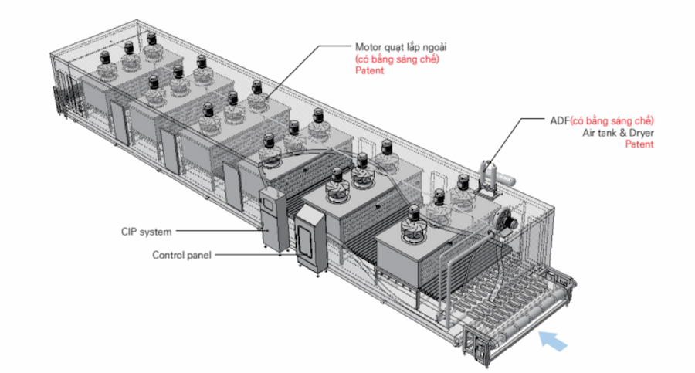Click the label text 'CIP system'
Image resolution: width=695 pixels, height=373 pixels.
click(x=146, y=231)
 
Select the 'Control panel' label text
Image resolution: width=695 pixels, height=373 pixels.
click(x=181, y=255)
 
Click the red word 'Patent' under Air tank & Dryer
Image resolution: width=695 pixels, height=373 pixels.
click(x=639, y=144)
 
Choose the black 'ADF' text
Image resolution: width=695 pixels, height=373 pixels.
click(x=558, y=120)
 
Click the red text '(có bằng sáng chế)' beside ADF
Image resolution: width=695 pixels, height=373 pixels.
click(x=613, y=120)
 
